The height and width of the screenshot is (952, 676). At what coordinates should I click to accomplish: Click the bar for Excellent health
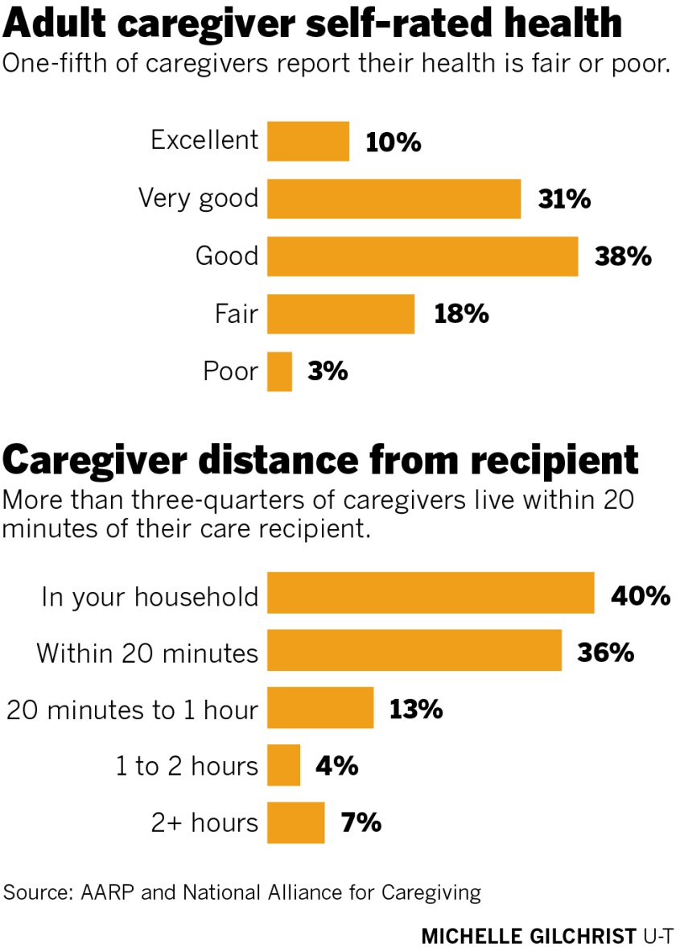308,141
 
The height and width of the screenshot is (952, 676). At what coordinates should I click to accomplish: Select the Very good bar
394,199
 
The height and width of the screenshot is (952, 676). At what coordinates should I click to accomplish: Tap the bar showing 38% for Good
422,256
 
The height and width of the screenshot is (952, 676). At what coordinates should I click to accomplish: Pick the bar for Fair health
340,313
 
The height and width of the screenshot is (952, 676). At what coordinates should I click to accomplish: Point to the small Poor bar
279,371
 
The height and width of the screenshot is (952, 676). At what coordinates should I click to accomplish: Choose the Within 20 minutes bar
414,651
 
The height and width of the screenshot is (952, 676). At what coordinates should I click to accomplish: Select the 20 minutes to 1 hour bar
320,708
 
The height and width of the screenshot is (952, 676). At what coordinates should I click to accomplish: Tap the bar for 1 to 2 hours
283,765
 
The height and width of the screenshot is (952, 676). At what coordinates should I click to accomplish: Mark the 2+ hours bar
295,822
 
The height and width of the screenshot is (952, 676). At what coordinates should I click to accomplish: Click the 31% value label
564,199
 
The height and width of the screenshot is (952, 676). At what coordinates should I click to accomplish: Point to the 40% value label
641,595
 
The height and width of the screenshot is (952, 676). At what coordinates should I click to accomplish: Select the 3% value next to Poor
327,371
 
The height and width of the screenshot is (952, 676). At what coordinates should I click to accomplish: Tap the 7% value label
360,822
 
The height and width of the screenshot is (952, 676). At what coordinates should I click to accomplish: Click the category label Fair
237,313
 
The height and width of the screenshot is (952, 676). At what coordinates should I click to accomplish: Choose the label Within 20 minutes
147,652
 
